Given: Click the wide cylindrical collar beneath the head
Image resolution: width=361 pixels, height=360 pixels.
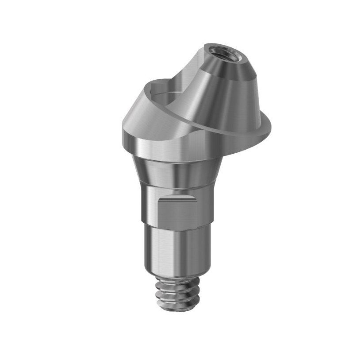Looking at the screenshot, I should click(177, 148).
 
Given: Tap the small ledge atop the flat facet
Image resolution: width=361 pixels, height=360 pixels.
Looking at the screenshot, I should click(177, 198).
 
